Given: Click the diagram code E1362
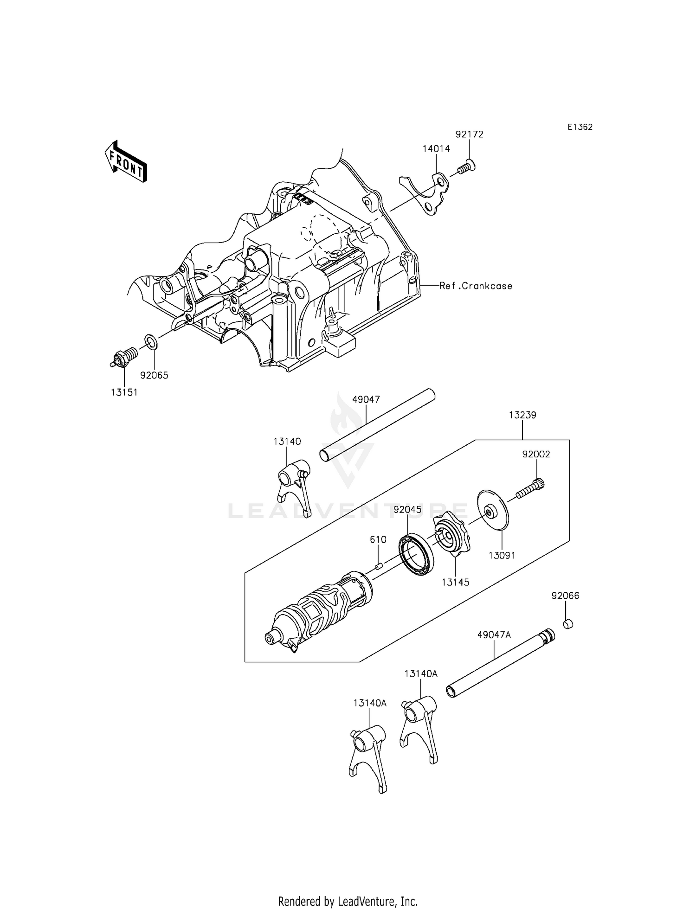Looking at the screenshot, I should click(580, 127).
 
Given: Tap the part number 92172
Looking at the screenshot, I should click(469, 135).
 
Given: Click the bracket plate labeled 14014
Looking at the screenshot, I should click(429, 192).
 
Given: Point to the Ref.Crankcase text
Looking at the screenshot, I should click(476, 286).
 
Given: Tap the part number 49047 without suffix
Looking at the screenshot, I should click(366, 399).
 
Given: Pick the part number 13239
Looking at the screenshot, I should click(522, 415).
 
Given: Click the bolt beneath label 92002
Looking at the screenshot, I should click(529, 491).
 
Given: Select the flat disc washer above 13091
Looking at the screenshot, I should click(493, 511).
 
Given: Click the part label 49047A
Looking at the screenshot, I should click(494, 635).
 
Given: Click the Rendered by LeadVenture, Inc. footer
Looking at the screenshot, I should click(348, 888).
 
